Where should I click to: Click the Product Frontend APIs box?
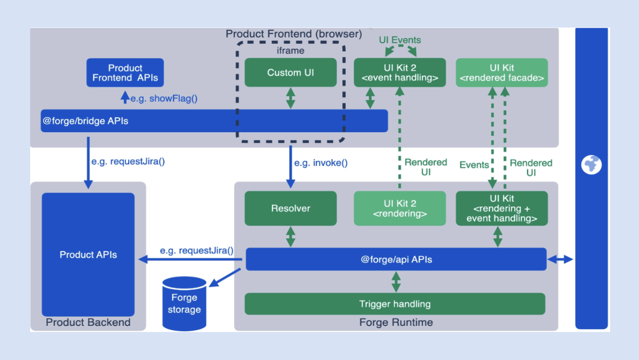tap(125, 73)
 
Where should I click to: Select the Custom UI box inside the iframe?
tap(291, 73)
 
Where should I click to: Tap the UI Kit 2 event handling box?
tap(400, 73)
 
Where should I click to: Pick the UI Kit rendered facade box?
tap(502, 73)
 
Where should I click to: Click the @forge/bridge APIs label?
tap(86, 121)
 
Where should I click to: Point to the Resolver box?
tap(291, 208)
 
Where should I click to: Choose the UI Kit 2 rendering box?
tap(400, 208)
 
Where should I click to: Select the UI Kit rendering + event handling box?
tap(502, 208)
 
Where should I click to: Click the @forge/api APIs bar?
tap(396, 259)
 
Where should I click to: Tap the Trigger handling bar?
tap(395, 304)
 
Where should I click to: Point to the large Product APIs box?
tap(88, 254)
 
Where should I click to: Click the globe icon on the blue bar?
tap(591, 165)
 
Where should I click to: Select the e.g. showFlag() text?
tap(164, 99)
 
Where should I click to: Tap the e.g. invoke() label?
tap(321, 163)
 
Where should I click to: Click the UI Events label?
tap(400, 40)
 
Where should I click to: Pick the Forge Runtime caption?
tap(396, 322)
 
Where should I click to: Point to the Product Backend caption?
tap(88, 322)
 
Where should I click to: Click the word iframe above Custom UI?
tap(291, 51)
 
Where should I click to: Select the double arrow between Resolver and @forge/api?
tap(291, 236)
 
